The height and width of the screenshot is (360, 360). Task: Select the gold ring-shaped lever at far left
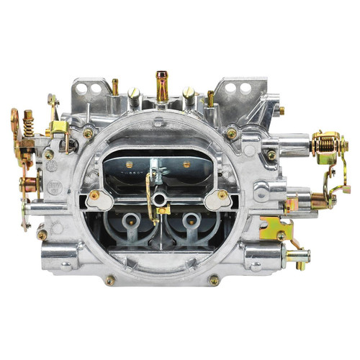click(x=16, y=120)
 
